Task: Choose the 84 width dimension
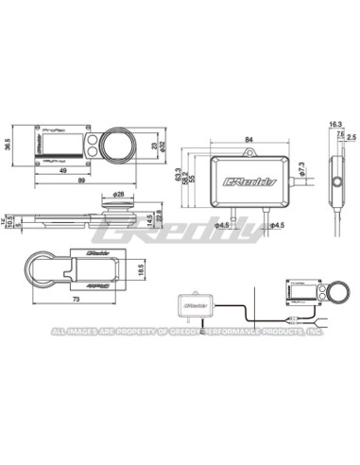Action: coord(249,143)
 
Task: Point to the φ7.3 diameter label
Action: coord(300,166)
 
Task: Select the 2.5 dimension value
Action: coord(349,136)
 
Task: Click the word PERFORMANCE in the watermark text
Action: coord(236,333)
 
